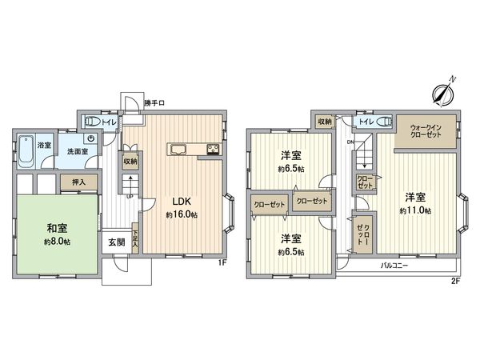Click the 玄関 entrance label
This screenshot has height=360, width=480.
pyautogui.click(x=115, y=242)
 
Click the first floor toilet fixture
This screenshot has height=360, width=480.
pyautogui.click(x=91, y=122)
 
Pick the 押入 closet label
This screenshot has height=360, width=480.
pyautogui.click(x=79, y=182)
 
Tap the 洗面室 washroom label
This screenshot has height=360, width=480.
pyautogui.click(x=77, y=150)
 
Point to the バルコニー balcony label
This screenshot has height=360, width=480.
pyautogui.click(x=394, y=265)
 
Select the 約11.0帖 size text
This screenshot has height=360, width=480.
pyautogui.click(x=416, y=210)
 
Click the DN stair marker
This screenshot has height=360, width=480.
pyautogui.click(x=350, y=142)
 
